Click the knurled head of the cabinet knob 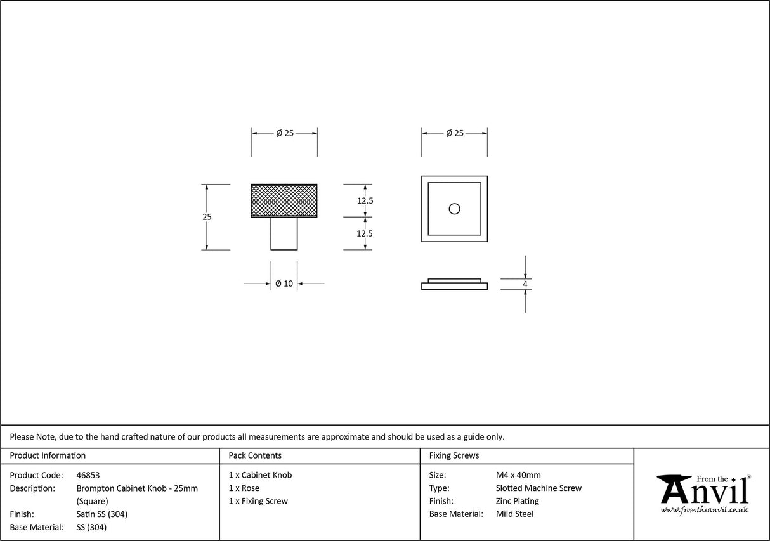point(284,200)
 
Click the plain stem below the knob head point(284,233)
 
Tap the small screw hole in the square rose point(454,209)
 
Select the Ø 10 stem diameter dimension point(284,284)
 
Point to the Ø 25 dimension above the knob point(284,133)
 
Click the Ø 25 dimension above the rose point(454,133)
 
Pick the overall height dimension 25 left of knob point(207,217)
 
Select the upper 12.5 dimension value point(365,200)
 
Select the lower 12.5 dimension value point(365,233)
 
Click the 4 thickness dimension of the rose point(525,284)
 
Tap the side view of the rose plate point(454,285)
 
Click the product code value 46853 point(88,475)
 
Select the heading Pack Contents point(255,455)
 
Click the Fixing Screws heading point(454,455)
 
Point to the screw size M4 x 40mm point(518,475)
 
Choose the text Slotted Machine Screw point(538,488)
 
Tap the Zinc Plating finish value point(517,501)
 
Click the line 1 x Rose point(244,488)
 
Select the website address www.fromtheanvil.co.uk point(704,510)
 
